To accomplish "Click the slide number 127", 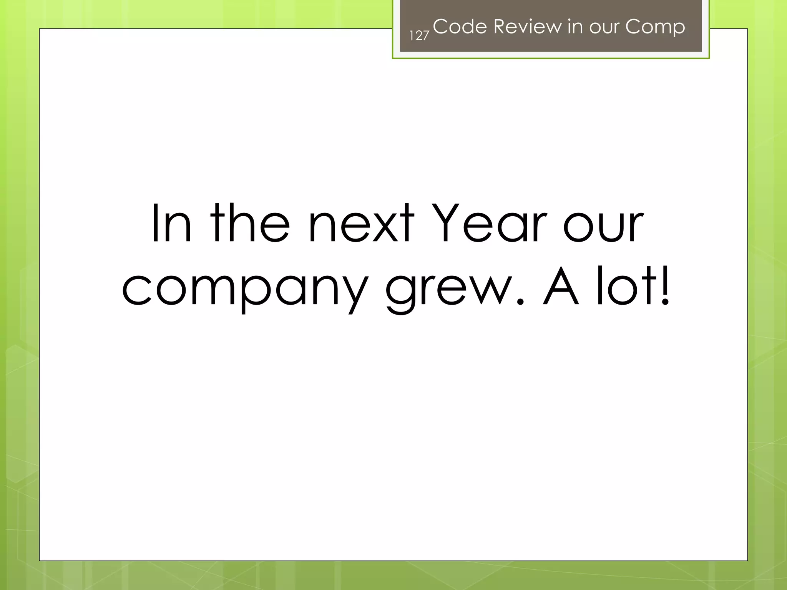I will click(x=419, y=35).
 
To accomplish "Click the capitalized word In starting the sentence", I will click(x=171, y=224).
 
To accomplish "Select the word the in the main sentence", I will click(x=250, y=224).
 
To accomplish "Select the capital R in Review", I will click(x=501, y=27).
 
